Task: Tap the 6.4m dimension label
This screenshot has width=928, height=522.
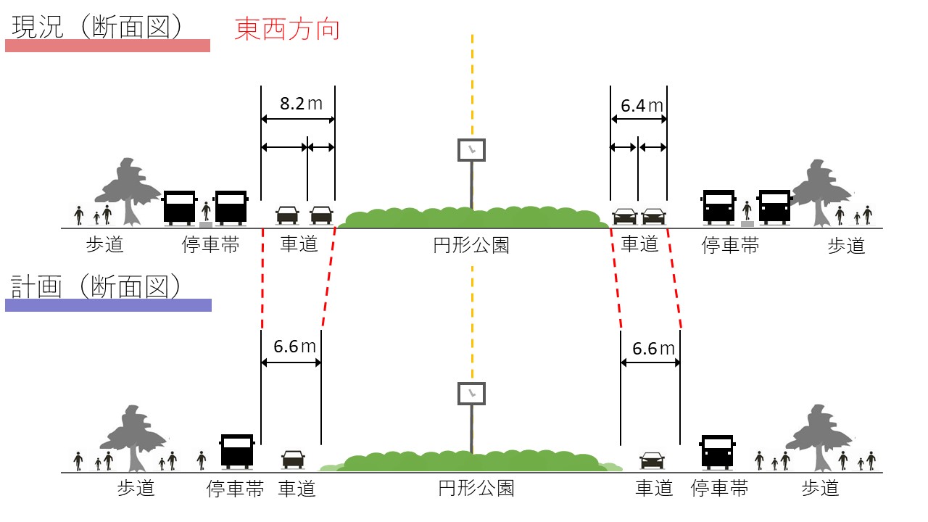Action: click(x=642, y=106)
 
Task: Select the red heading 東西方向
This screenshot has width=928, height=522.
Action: click(x=287, y=30)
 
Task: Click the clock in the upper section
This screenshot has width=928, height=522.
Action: click(x=471, y=150)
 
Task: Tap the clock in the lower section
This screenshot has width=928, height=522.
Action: click(x=471, y=394)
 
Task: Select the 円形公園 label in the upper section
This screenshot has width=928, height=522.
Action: click(x=471, y=246)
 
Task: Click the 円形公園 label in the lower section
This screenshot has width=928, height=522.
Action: click(x=476, y=489)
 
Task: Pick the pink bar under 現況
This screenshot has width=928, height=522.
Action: click(x=107, y=46)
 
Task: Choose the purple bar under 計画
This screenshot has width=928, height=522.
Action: click(x=108, y=305)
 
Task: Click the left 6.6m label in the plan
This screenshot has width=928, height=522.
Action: click(x=294, y=347)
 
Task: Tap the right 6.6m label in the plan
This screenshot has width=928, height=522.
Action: click(x=653, y=349)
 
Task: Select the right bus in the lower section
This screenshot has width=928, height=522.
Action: click(x=718, y=451)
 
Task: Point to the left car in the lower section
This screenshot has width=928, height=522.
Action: click(x=293, y=459)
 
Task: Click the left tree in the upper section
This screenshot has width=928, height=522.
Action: click(x=128, y=190)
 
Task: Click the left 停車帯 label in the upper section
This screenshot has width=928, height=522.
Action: click(x=210, y=246)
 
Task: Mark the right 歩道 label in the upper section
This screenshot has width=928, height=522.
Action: click(x=846, y=246)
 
